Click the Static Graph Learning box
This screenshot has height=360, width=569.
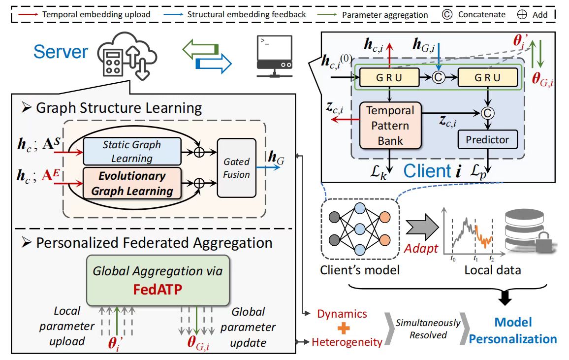pos(131,151)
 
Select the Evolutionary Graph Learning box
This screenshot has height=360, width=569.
pos(131,183)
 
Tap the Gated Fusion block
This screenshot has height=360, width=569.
pos(236,168)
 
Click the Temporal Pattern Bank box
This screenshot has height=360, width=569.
pos(390,126)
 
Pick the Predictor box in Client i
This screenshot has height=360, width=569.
pos(487,140)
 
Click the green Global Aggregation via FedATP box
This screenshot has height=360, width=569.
pos(158,280)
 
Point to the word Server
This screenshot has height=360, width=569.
pos(61,52)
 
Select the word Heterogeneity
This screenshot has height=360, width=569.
pos(347,342)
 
